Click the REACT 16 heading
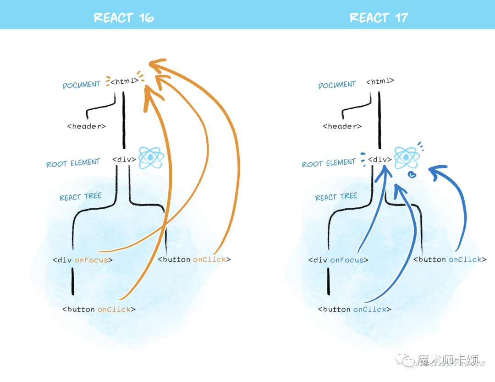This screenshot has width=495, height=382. [124, 18]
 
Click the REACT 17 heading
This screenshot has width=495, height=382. [379, 18]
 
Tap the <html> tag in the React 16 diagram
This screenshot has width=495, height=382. [124, 81]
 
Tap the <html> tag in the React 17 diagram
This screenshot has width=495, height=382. [380, 81]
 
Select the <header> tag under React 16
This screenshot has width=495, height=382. [86, 126]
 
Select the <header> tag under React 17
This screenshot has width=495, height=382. [342, 126]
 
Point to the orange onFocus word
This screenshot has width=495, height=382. [92, 260]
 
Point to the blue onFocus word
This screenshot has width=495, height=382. [347, 260]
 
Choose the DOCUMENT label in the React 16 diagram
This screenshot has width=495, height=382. [82, 85]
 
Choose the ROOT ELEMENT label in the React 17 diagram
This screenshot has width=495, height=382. [329, 163]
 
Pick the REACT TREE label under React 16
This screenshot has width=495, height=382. [80, 197]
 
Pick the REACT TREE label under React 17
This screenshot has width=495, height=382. [336, 197]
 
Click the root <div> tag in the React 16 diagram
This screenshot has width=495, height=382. [124, 160]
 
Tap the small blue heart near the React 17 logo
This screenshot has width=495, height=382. [412, 174]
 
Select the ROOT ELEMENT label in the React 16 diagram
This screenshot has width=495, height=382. [73, 163]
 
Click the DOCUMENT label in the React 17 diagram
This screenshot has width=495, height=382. [337, 85]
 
